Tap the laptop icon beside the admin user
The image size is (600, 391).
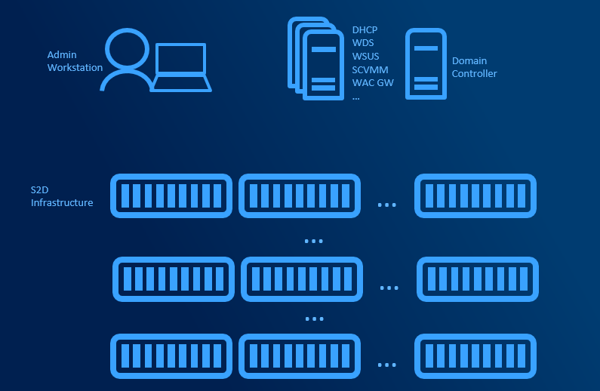[x=180, y=67]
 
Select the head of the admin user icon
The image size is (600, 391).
[x=127, y=49]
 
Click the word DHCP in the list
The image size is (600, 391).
[x=365, y=30]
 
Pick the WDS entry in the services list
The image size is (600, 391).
[x=362, y=43]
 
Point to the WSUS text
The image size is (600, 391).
[x=365, y=57]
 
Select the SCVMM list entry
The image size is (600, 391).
[x=370, y=69]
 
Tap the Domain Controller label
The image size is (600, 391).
[x=474, y=67]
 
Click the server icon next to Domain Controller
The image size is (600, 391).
[x=426, y=63]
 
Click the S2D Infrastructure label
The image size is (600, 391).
[x=61, y=196]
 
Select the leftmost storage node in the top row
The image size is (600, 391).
[x=171, y=196]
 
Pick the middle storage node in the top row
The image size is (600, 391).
[x=299, y=196]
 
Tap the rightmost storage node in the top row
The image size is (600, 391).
[x=475, y=196]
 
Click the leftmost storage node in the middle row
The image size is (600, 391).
[x=174, y=279]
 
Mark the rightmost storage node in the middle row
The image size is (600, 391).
[x=477, y=279]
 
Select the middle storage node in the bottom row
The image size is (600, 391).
[x=299, y=356]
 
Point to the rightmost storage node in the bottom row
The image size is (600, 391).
[x=475, y=356]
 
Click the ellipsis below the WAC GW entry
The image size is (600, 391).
[x=355, y=97]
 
